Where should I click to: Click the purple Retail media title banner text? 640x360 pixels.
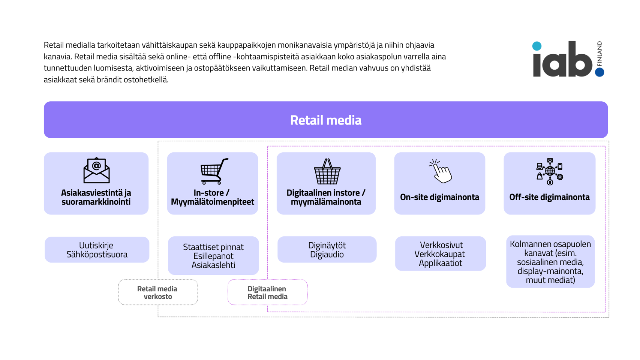click(326, 120)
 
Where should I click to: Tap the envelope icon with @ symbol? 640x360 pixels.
click(96, 170)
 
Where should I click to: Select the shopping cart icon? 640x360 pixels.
click(214, 171)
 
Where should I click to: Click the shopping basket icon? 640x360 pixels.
click(327, 171)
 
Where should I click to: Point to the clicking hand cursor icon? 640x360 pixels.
click(440, 171)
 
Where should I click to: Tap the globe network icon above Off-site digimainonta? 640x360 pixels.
click(550, 171)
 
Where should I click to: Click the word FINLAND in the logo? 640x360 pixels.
click(600, 53)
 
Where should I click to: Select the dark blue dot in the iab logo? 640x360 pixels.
click(600, 72)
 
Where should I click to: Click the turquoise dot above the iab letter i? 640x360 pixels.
click(537, 46)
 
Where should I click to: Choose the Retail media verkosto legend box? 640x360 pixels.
click(158, 292)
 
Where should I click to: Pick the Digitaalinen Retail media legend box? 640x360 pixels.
click(267, 292)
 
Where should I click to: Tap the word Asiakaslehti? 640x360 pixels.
click(213, 265)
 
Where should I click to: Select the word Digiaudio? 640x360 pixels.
click(327, 254)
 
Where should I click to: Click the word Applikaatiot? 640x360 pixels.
click(440, 263)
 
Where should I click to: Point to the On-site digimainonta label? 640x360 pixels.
click(439, 197)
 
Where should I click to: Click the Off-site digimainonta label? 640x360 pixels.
click(549, 197)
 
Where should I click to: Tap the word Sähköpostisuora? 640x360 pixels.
click(97, 254)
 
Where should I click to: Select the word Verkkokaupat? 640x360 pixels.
click(439, 254)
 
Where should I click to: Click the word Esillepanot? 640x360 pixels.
click(213, 256)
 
